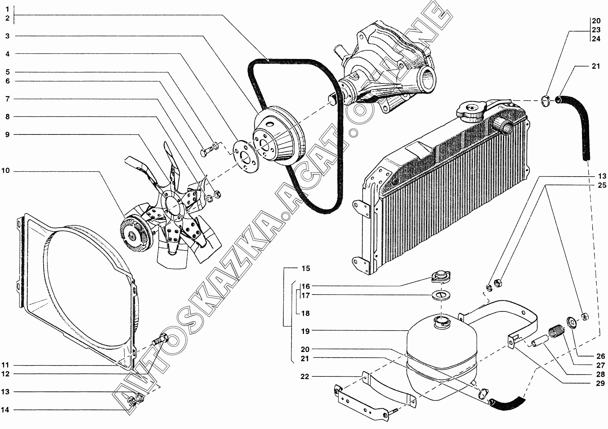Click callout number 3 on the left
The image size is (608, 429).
click(x=7, y=36)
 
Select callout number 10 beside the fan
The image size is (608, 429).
click(x=5, y=171)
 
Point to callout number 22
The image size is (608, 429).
click(x=305, y=377)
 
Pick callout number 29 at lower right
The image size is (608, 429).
click(x=600, y=383)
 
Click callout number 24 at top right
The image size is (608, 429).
click(x=596, y=39)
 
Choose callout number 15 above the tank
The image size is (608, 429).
click(x=306, y=268)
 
